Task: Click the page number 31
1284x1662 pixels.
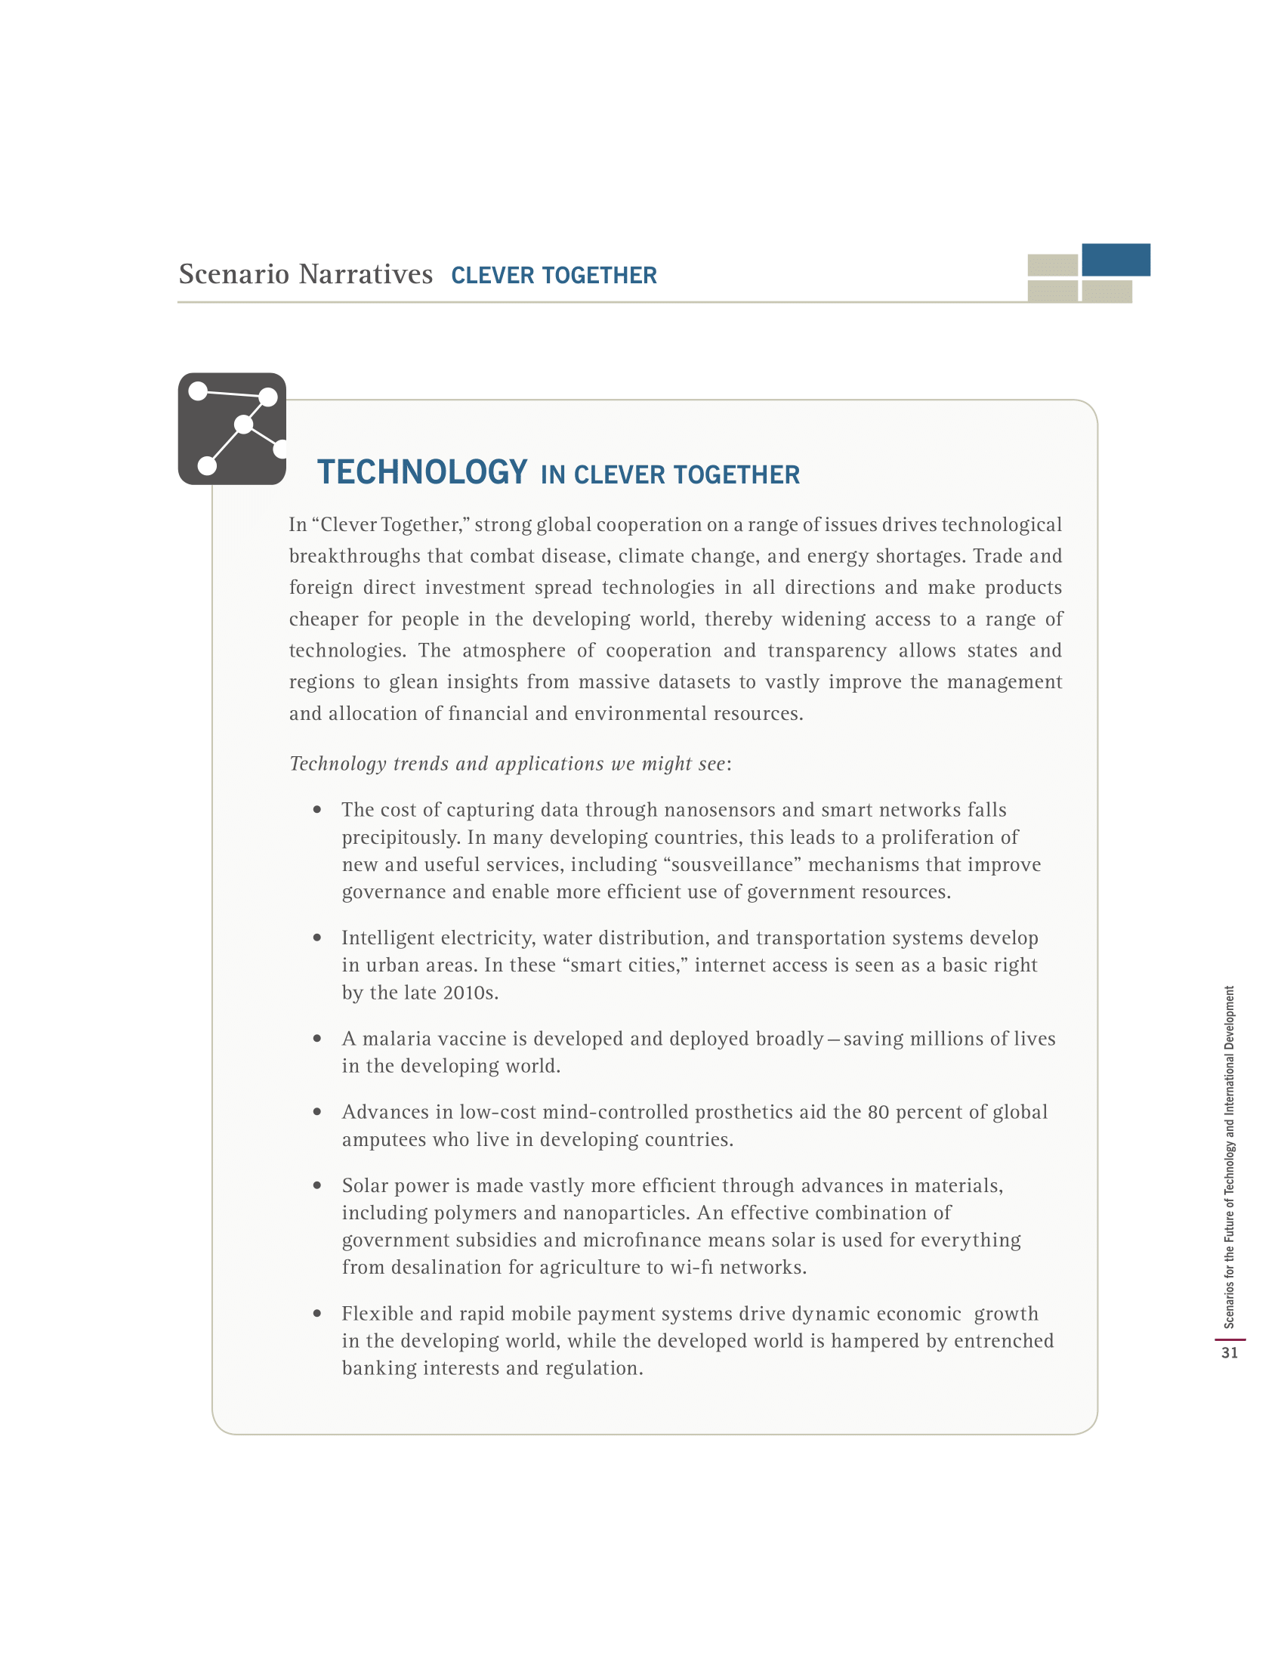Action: point(1229,1352)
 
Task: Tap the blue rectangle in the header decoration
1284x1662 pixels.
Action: point(1115,259)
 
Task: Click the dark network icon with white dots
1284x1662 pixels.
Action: point(232,428)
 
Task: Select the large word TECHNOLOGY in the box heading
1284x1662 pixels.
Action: point(422,472)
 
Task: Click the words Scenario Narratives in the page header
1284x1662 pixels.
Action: point(306,274)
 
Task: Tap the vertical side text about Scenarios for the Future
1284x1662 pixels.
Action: point(1229,1157)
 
